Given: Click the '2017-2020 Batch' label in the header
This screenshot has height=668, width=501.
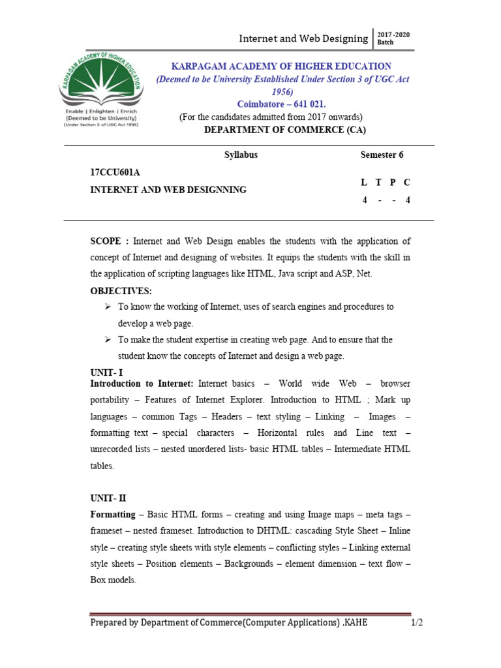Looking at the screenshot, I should point(393,38).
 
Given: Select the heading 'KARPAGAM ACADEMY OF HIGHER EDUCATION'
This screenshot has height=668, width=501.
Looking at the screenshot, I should point(281,66).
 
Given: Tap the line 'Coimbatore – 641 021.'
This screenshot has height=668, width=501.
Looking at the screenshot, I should point(281,104).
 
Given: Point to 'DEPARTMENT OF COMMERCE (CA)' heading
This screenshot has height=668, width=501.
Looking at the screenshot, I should point(285,130).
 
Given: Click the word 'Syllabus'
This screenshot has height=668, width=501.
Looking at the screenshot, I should point(241,155).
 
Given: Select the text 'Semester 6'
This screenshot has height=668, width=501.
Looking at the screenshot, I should point(382,155).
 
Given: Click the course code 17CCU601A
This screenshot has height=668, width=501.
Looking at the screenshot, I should point(115,172).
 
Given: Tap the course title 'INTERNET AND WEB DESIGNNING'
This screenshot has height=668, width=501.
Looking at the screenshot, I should point(168,190).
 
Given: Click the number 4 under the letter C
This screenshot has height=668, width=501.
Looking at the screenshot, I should point(408,200).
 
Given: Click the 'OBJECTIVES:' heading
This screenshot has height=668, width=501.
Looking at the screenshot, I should point(121,290).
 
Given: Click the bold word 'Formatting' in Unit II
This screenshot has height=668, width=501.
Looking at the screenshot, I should point(112,514).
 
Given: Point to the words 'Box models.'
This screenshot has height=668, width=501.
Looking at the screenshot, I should point(113,580).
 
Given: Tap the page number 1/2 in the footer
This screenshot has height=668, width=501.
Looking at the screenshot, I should point(416,622).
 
